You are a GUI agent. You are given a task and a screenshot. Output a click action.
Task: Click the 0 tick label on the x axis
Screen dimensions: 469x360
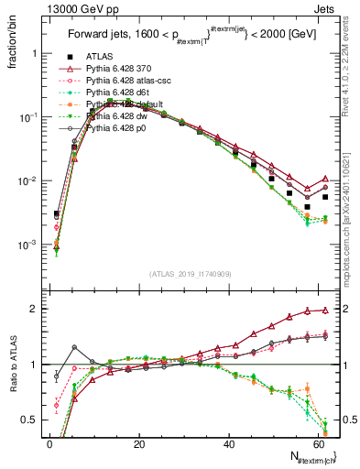tap(49, 443)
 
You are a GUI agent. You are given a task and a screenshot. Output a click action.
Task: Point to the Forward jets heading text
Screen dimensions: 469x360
tap(189, 38)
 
